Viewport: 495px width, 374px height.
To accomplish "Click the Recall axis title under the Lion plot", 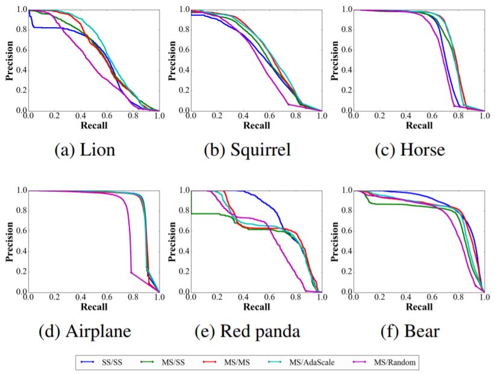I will coord(93,126).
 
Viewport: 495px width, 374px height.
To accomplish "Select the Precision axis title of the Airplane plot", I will coord(8,242).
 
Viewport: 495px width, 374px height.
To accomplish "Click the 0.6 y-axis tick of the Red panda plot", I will coord(182,231).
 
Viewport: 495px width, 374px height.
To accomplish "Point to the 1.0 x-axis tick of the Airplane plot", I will coord(158,298).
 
